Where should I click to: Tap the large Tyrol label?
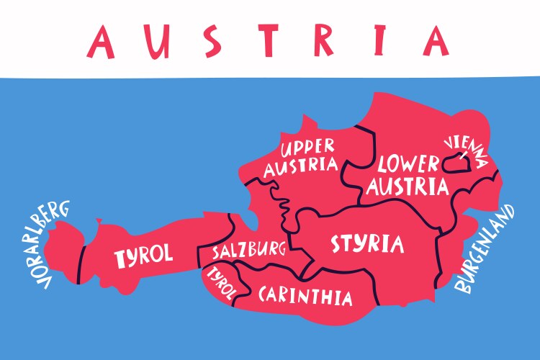point(144,255)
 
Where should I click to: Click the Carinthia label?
point(305,295)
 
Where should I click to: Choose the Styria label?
point(367,244)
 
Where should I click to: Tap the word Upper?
point(307,148)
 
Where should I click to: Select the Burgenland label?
point(485,249)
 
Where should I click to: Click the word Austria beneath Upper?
point(301,167)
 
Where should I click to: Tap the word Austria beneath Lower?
point(408,186)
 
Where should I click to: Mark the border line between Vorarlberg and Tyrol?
point(81,257)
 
